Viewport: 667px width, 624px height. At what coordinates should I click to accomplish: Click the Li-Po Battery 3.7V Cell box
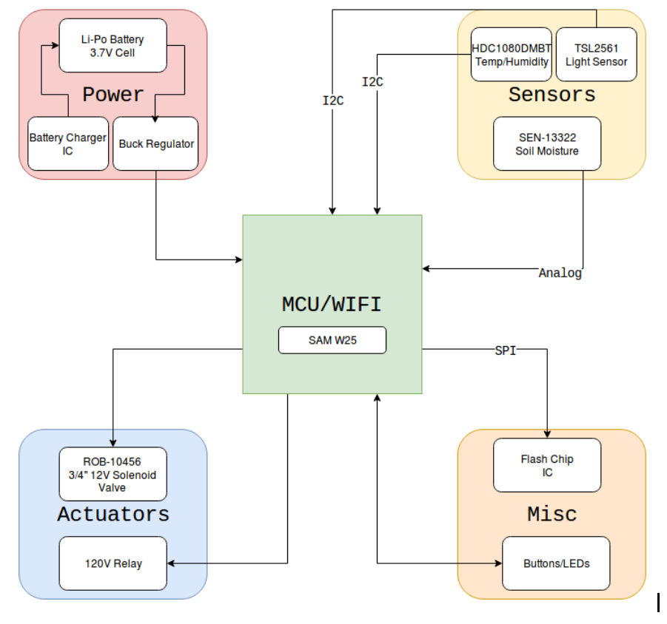pos(113,46)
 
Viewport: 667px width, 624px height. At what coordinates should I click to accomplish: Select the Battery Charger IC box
pos(67,143)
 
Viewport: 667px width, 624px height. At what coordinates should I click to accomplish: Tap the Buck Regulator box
pos(156,143)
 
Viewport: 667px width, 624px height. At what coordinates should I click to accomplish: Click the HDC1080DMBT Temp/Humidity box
pos(512,55)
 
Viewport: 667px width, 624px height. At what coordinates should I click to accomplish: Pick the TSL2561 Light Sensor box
pos(596,55)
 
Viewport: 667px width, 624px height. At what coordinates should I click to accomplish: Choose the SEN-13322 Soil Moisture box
pos(547,143)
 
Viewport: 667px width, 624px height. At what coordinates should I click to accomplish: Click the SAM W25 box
pos(332,340)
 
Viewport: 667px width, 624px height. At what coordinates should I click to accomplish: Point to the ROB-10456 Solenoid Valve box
pos(113,474)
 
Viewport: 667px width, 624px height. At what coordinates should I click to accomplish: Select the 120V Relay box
pos(113,563)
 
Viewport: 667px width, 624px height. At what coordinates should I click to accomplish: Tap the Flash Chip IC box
pos(547,465)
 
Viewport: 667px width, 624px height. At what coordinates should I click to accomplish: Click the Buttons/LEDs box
pos(556,563)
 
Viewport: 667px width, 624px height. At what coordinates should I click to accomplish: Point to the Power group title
pos(113,95)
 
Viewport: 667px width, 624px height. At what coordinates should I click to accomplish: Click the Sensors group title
pos(552,95)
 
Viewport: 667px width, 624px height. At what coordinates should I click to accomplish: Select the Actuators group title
pos(113,514)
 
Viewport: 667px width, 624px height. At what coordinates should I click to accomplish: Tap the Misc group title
pos(552,514)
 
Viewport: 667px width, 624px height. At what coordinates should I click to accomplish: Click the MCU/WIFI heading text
pos(332,304)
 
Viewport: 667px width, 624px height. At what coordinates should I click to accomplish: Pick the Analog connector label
pos(560,274)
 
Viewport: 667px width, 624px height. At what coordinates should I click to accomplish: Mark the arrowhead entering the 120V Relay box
pos(172,563)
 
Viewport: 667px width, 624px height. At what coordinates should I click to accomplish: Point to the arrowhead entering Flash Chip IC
pos(547,434)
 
